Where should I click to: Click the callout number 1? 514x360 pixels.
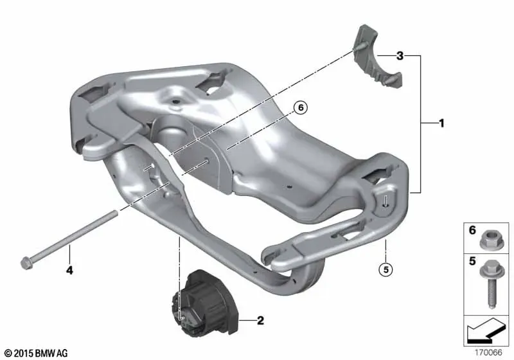(441, 123)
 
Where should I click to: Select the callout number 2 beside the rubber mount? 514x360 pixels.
(260, 320)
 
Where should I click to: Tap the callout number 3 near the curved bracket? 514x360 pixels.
(400, 56)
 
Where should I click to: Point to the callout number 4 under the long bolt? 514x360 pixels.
(69, 271)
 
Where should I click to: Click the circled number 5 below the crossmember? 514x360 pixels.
(386, 269)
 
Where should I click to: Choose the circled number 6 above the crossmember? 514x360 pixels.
(301, 107)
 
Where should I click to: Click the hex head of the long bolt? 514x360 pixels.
(26, 264)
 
